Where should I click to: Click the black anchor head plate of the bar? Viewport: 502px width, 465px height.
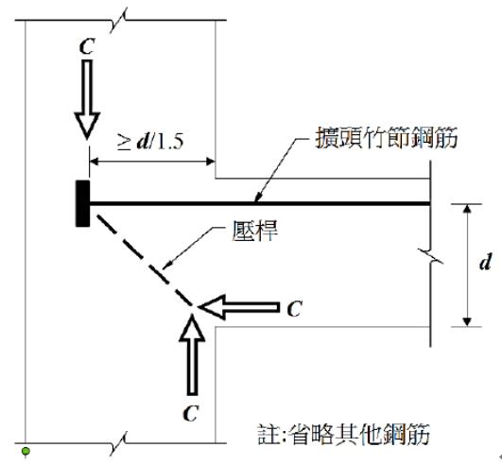coord(82,203)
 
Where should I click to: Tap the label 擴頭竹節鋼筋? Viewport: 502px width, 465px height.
coord(387,138)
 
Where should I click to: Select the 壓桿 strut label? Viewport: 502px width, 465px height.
coord(255,231)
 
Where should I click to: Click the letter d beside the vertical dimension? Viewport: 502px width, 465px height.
coord(485,262)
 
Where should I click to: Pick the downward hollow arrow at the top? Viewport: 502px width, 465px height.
coord(87,99)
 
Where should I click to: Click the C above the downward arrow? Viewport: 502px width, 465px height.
coord(87,46)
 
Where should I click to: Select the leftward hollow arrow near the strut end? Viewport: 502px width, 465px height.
coord(239,307)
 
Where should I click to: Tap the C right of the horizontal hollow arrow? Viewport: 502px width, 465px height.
coord(294,308)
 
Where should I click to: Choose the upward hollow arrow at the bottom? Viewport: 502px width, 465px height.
coord(192,354)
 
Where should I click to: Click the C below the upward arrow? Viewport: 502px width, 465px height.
coord(191,413)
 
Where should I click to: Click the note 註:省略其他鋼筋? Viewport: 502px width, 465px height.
coord(343,434)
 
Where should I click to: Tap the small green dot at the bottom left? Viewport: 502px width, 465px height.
coord(26,451)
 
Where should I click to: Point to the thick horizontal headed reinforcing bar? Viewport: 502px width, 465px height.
coord(259,203)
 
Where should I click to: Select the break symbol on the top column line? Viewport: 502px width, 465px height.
coord(118,20)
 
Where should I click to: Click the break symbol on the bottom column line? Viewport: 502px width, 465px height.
coord(118,443)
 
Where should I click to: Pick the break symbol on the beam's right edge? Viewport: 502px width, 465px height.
coord(430,256)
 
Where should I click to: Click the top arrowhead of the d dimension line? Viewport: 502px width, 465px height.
coord(467,209)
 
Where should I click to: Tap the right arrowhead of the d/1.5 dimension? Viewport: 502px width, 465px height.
coord(211,162)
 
